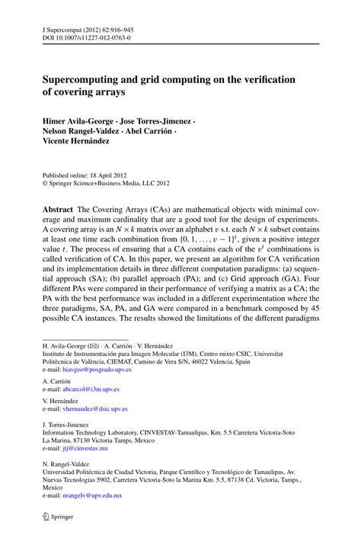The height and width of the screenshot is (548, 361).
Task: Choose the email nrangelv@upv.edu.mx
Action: (x=95, y=495)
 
